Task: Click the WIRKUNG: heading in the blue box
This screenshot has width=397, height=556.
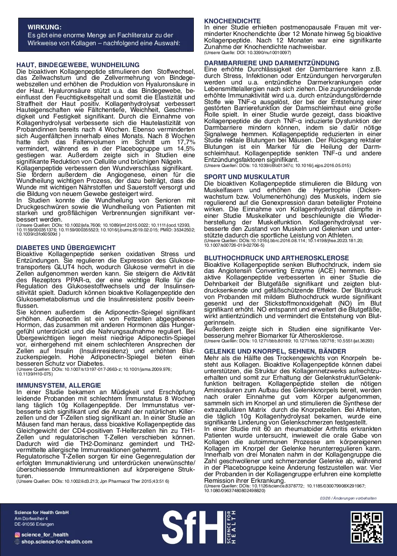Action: (x=44, y=27)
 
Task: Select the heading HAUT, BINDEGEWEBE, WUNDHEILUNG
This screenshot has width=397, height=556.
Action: (x=78, y=64)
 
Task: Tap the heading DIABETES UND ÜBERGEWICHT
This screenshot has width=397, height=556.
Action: (x=66, y=247)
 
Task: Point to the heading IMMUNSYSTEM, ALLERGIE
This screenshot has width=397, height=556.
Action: (x=58, y=385)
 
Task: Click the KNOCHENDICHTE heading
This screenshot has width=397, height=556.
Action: (x=233, y=21)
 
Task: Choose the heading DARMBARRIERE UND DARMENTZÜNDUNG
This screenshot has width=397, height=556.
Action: (x=272, y=63)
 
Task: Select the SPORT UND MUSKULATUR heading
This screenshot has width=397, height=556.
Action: (x=247, y=177)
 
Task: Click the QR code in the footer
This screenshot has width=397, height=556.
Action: (x=367, y=528)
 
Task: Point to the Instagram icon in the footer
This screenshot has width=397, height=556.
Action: (x=17, y=535)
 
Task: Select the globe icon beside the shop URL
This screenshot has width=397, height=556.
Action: (x=17, y=542)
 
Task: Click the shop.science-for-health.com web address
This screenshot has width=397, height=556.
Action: (x=57, y=542)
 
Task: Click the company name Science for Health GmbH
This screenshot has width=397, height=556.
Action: (x=41, y=512)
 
